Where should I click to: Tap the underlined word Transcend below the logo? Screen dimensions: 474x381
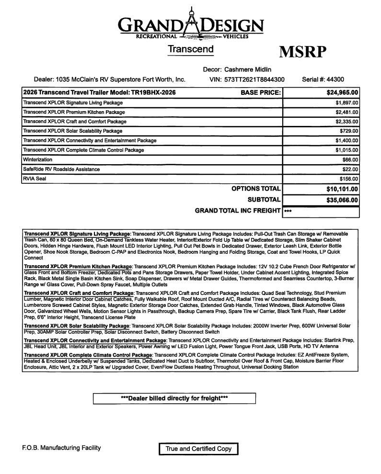190,49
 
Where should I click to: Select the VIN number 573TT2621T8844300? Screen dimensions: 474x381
254,79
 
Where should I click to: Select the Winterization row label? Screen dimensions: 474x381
38,159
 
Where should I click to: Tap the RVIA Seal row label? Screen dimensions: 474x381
35,179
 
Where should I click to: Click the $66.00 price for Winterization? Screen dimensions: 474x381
350,160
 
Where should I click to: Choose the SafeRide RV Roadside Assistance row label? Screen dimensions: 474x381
61,169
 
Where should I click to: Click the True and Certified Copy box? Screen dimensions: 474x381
198,449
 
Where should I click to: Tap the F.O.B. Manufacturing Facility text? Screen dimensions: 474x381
61,448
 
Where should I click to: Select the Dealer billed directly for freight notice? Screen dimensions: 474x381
174,398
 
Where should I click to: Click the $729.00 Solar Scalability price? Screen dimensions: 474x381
348,131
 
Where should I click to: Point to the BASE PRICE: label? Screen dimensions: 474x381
260,92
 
